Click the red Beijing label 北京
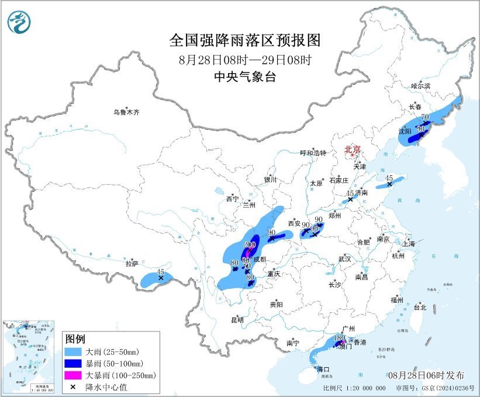(x=353, y=150)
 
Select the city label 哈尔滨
(x=420, y=86)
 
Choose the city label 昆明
(x=237, y=320)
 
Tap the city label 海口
(x=323, y=370)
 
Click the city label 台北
(x=420, y=307)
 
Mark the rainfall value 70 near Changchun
(x=425, y=118)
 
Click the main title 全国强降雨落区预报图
(x=245, y=40)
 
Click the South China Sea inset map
(x=30, y=357)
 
